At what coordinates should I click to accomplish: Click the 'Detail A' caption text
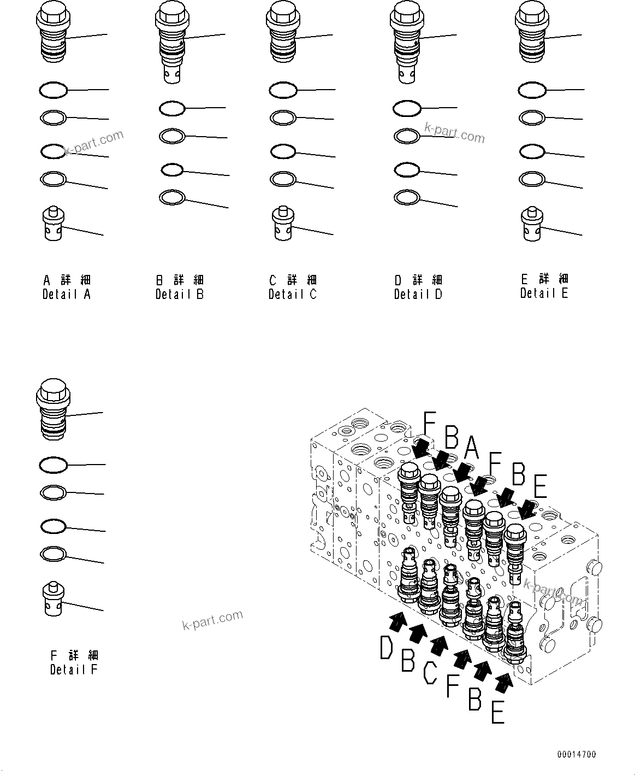coord(67,294)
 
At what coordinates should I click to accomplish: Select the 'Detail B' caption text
coord(179,294)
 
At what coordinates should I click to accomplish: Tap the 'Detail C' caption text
coord(292,294)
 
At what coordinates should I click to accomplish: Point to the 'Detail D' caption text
coord(418,294)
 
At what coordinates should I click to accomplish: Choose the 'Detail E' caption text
coord(544,293)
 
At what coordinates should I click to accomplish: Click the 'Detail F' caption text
coord(74,669)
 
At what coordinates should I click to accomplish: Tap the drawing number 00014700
coord(576,755)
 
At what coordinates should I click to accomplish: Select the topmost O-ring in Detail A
coord(54,90)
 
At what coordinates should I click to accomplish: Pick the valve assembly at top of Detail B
coord(172,41)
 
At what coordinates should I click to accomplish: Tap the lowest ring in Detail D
coord(407,197)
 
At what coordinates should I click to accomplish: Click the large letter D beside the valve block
coord(387,649)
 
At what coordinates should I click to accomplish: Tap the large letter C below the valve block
coord(430,672)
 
